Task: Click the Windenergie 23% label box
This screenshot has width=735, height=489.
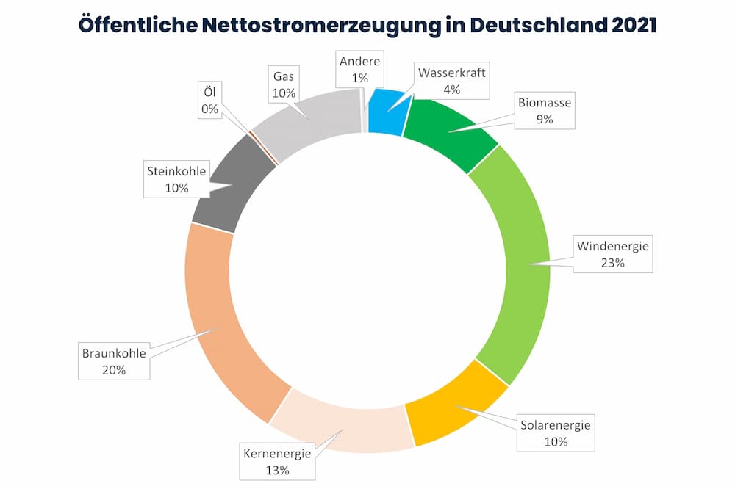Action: pos(612,254)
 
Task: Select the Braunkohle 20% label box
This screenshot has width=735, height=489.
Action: pos(113,361)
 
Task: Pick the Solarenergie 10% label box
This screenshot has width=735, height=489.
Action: pos(556,433)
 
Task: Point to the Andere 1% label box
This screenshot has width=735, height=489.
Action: pos(359,70)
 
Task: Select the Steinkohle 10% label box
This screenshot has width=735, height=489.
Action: pos(177,180)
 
